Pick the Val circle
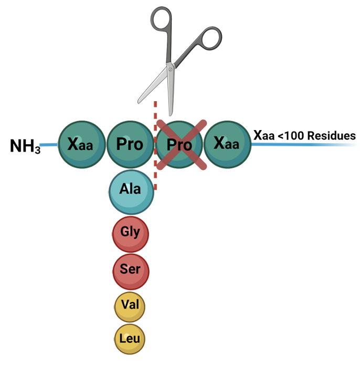click(130, 306)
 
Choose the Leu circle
click(130, 339)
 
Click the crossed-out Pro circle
click(179, 144)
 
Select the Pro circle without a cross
click(130, 144)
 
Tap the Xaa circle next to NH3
click(80, 144)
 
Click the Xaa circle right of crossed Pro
click(227, 144)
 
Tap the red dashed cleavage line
click(155, 157)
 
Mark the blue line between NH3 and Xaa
click(48, 145)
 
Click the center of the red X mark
click(179, 144)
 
